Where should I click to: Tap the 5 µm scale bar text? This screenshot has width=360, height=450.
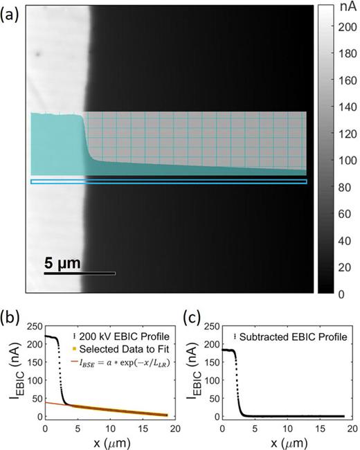click(x=62, y=263)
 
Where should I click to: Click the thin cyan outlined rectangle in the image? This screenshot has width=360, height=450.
click(x=168, y=181)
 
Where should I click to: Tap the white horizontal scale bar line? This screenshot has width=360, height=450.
click(x=80, y=273)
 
